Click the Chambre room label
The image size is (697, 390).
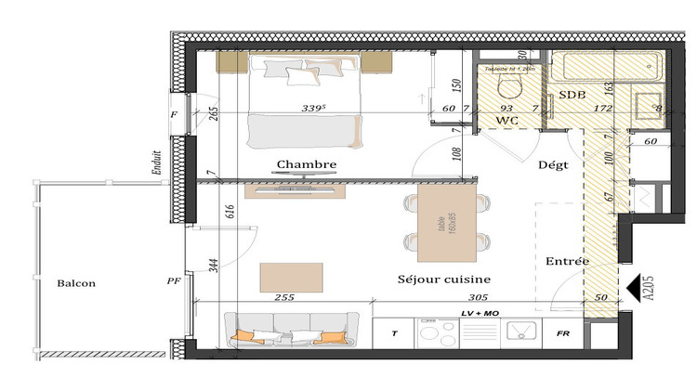pos(306,165)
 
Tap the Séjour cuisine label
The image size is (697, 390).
pos(444,279)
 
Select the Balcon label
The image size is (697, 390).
pos(75,283)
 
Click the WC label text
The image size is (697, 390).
pos(506,121)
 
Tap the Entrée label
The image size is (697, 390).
pos(567,261)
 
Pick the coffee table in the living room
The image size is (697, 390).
pos(292,277)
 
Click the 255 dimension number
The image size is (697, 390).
pos(284,298)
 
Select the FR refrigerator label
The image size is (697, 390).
pos(562,332)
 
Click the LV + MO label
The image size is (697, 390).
pos(480,315)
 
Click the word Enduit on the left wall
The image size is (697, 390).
pos(158,166)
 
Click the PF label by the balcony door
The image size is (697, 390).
pos(172,279)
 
